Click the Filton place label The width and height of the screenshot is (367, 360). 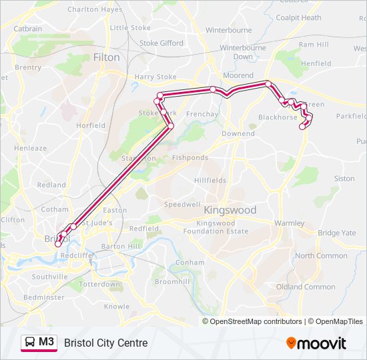point(107,57)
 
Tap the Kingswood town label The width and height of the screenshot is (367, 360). point(229,210)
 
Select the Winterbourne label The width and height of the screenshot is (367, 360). point(228,30)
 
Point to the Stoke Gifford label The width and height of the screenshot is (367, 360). point(161,43)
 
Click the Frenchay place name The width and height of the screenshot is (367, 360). point(202,114)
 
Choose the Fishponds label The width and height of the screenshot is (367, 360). point(190,158)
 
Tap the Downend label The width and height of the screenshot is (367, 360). point(238,133)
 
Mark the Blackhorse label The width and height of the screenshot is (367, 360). point(278,117)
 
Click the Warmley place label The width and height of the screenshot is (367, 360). point(288,223)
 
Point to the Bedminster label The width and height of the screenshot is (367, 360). point(43,297)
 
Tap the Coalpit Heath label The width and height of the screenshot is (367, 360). point(298,18)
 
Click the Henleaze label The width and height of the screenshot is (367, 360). point(31,147)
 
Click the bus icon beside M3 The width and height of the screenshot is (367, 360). point(30,343)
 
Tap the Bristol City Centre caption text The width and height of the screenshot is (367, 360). point(106,343)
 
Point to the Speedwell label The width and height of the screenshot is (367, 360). point(182,204)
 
